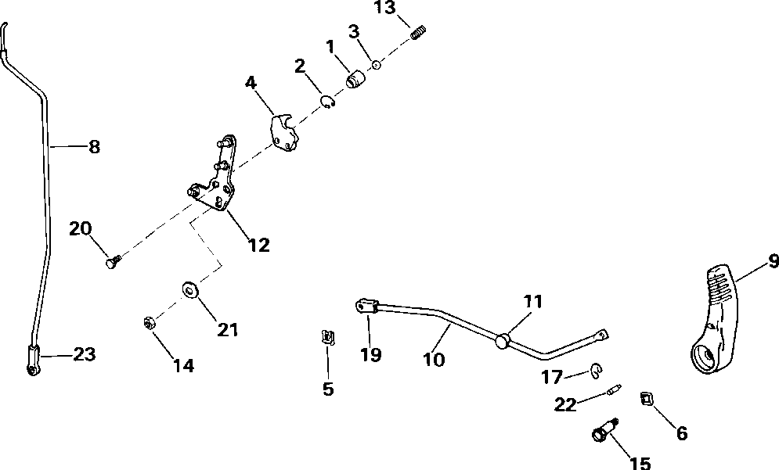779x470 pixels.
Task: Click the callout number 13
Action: point(386,9)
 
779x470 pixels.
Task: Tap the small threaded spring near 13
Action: point(420,32)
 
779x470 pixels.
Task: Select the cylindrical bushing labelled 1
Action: point(357,80)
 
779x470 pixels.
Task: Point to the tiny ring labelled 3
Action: point(376,66)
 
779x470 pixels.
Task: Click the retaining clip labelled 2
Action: point(328,102)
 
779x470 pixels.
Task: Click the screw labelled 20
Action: point(111,264)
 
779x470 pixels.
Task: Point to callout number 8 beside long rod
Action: point(94,146)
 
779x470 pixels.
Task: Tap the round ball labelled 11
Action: point(502,340)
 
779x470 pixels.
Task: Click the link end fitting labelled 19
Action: point(366,306)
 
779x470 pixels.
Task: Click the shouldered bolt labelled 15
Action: point(604,431)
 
